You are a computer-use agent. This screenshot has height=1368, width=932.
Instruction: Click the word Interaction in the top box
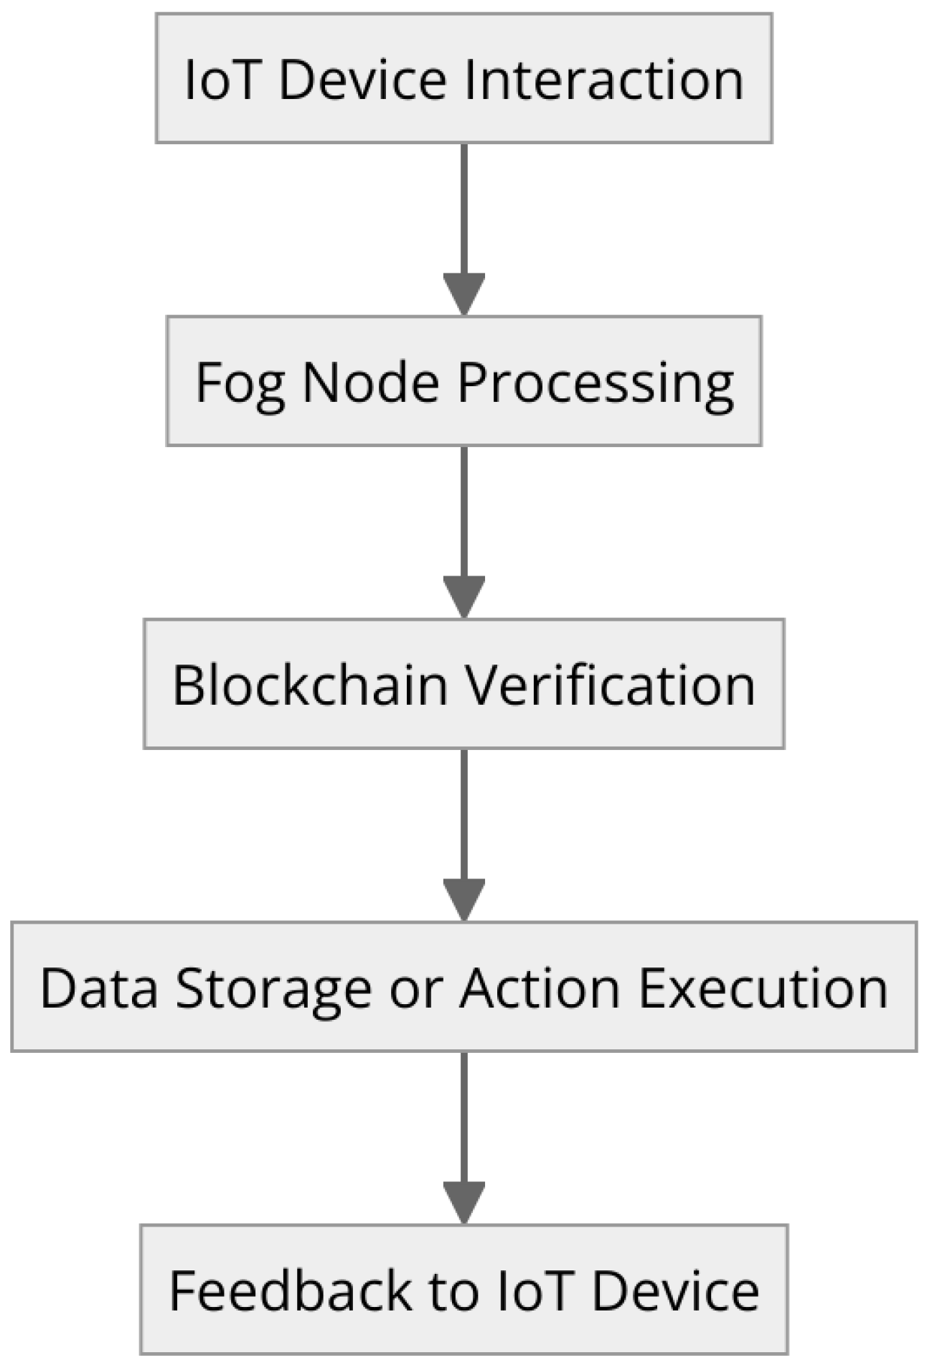tap(604, 79)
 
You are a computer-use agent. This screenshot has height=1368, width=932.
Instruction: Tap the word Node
tap(370, 383)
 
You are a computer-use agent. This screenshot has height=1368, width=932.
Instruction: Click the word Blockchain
tap(310, 685)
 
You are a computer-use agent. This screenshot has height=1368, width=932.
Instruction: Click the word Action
tap(540, 988)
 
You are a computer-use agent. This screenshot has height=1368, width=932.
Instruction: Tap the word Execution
tap(763, 988)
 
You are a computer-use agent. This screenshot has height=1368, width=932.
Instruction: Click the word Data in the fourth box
tap(99, 988)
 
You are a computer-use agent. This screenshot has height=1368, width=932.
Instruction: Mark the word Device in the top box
tap(362, 79)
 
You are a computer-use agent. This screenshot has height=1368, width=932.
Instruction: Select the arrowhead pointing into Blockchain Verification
tap(464, 596)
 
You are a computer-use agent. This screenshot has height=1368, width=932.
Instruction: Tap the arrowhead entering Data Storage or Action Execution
tap(464, 899)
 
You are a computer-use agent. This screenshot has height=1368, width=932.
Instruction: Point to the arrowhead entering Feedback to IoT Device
tap(464, 1201)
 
